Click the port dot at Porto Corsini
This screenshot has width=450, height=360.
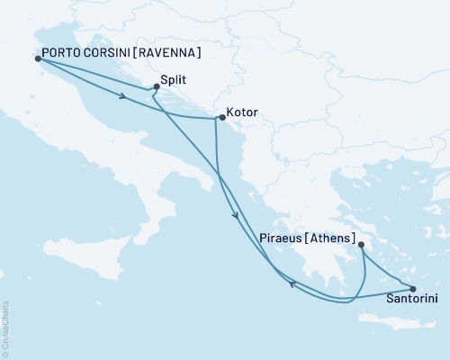click(37, 58)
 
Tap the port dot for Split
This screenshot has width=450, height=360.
click(157, 86)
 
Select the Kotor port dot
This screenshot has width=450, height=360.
click(221, 117)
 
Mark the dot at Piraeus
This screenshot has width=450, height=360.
click(360, 245)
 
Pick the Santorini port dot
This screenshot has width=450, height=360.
click(413, 289)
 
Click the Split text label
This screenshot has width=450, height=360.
click(176, 79)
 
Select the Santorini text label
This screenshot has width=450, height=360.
click(411, 301)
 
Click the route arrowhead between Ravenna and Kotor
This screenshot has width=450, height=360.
click(120, 96)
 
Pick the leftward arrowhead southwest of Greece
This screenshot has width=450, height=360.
click(292, 285)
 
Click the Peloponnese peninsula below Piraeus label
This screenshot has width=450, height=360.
click(319, 270)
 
